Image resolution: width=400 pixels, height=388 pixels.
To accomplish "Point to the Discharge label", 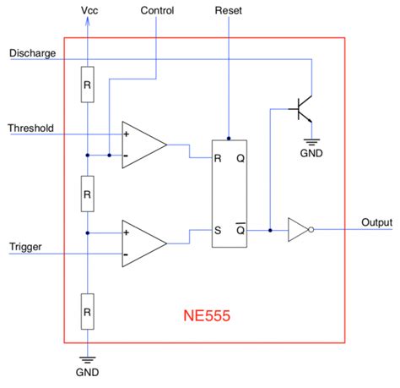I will click(x=32, y=53).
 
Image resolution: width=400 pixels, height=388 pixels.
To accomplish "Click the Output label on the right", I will click(x=377, y=222).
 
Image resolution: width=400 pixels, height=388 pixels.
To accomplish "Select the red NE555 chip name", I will click(x=207, y=318).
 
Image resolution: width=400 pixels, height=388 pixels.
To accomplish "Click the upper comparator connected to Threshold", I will click(x=142, y=145).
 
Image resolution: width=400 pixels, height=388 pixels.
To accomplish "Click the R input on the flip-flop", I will click(x=219, y=158).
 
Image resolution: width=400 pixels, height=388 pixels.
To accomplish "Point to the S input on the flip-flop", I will click(x=219, y=229).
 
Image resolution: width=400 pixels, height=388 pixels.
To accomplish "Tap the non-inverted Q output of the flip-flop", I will click(x=241, y=158).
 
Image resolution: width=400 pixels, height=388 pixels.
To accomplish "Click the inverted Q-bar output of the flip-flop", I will click(x=241, y=229).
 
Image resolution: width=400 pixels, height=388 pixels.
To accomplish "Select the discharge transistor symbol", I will click(x=301, y=108).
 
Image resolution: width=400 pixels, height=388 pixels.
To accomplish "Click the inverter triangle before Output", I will click(x=300, y=229).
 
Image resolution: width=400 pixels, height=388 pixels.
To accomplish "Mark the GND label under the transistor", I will click(x=311, y=155).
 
